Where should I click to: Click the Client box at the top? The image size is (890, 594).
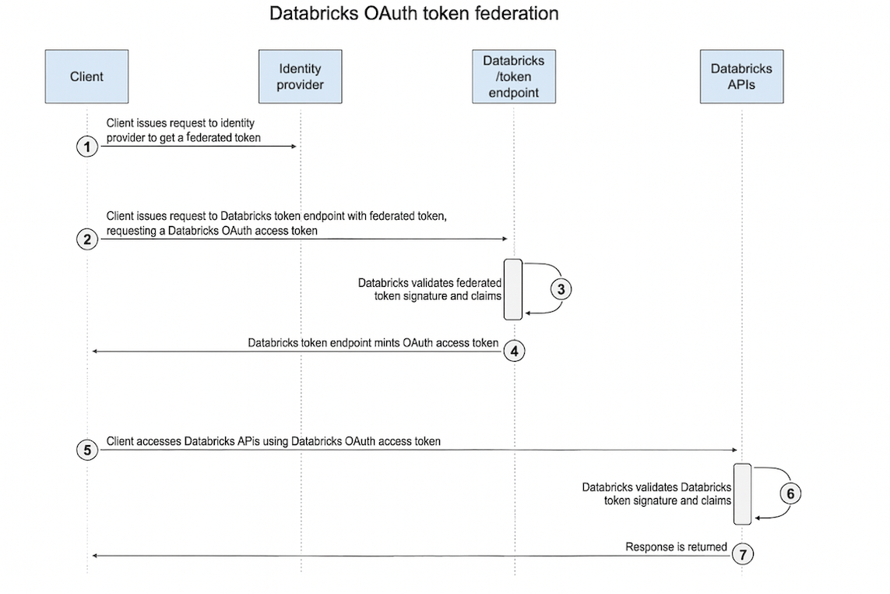[86, 76]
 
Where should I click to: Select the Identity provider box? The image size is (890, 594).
[300, 76]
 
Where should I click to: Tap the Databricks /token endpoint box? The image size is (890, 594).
[514, 76]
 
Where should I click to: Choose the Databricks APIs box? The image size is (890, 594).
[741, 76]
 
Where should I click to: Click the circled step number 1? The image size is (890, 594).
[87, 147]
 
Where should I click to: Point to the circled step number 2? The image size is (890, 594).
[87, 239]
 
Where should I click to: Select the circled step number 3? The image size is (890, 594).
[561, 289]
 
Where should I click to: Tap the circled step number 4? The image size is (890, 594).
[514, 352]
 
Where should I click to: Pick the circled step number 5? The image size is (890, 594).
[87, 450]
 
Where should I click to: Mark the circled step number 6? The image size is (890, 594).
[790, 493]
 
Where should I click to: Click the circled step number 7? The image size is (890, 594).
[742, 554]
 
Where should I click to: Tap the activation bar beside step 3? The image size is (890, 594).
[513, 289]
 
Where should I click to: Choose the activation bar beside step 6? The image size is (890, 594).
[742, 493]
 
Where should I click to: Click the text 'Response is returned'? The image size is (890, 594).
[676, 547]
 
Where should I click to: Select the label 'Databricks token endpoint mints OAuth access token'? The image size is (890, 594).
[372, 342]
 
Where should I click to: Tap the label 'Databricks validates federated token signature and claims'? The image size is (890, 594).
[429, 289]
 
